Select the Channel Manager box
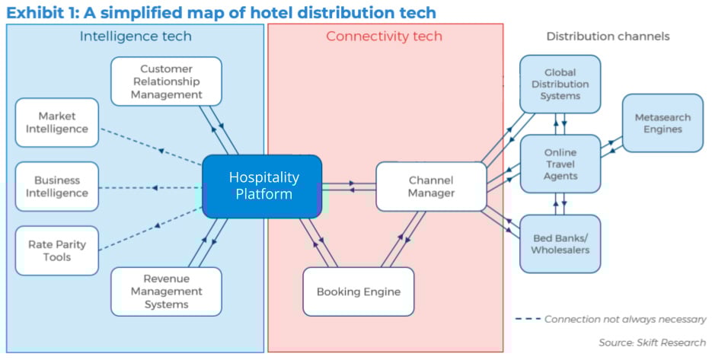(x=431, y=186)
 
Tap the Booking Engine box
(x=358, y=292)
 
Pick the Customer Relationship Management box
(x=166, y=81)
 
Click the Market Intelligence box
(x=57, y=123)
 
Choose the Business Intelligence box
(x=57, y=186)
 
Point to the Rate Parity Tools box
(x=57, y=250)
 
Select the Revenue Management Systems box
(x=166, y=291)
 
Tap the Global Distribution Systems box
(x=560, y=84)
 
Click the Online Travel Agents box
(x=560, y=163)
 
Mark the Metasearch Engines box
(x=663, y=123)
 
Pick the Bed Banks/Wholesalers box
(x=560, y=244)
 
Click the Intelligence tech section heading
(x=136, y=37)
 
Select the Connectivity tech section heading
(x=384, y=37)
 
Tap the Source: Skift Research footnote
(x=652, y=342)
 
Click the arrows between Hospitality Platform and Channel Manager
(x=349, y=186)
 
